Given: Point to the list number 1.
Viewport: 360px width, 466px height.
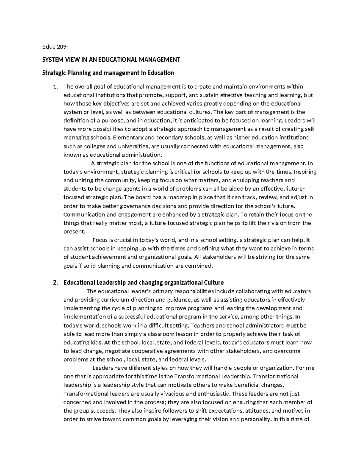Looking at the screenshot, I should pyautogui.click(x=54, y=87).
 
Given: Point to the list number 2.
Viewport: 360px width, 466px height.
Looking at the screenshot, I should pyautogui.click(x=54, y=283).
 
